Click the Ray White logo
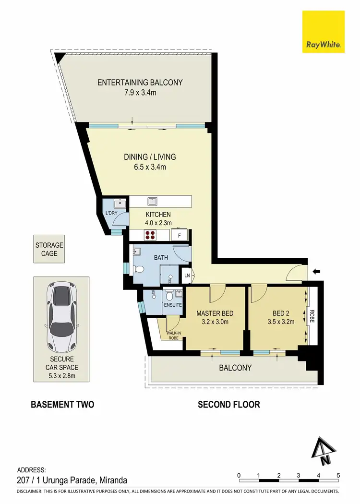[324, 32]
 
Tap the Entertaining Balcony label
[140, 83]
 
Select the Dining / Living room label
[150, 156]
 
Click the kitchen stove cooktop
[149, 235]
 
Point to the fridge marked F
[179, 235]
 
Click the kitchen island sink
[152, 201]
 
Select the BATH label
[161, 258]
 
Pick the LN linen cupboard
[187, 276]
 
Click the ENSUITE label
[172, 305]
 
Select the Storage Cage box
[49, 249]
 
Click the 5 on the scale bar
[338, 475]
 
